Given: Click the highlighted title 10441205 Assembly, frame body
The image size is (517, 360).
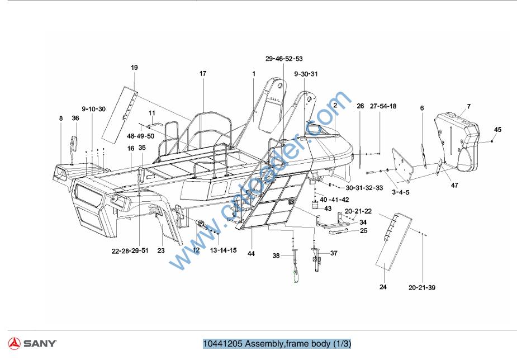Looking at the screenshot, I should tap(277, 343).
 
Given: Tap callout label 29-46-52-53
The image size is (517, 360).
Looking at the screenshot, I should tap(284, 59).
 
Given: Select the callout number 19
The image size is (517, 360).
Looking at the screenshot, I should tap(134, 68).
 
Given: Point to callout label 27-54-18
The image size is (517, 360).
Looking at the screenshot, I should tap(383, 106).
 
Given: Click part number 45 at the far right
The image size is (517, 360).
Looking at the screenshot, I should tap(498, 130).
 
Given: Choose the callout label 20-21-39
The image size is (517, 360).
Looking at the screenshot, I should tap(422, 288).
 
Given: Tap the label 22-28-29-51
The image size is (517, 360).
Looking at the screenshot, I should tap(130, 250).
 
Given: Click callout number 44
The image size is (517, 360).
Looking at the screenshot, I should tap(251, 254).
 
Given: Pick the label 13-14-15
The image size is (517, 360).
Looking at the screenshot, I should tap(223, 251).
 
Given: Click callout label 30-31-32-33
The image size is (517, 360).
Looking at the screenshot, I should tap(364, 188).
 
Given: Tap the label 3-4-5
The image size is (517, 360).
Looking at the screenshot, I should tap(400, 192).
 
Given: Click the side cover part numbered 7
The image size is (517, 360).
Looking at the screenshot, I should tap(458, 140).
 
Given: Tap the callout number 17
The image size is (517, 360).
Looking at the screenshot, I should tap(203, 73).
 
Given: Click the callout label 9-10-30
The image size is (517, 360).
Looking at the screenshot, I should tap(93, 109).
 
